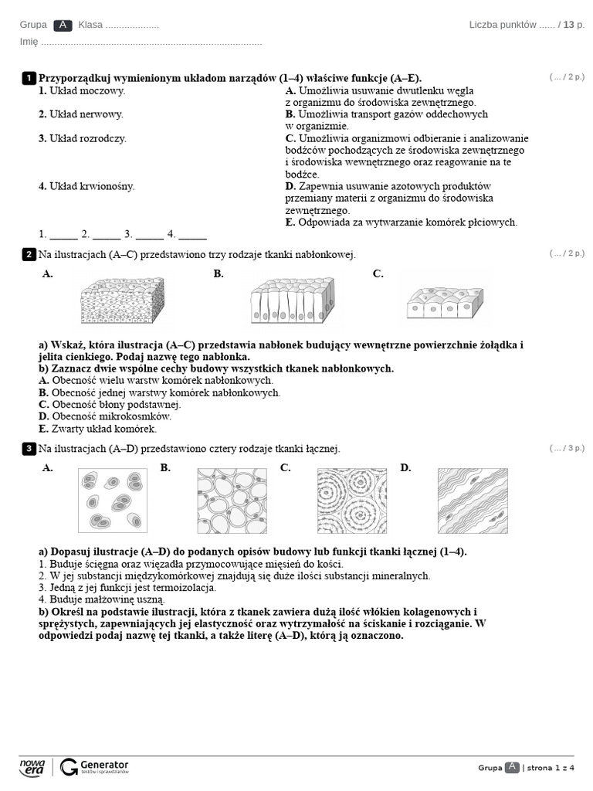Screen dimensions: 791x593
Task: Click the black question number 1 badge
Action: pos(29,78)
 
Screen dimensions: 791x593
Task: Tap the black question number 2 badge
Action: pos(29,254)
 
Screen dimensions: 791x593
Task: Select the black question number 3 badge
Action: pos(29,448)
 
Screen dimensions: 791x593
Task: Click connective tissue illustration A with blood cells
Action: pos(114,501)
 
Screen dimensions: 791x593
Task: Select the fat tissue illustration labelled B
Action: pos(232,501)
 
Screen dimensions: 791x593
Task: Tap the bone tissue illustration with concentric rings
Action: pos(351,501)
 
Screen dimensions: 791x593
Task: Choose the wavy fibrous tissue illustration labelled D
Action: pos(473,501)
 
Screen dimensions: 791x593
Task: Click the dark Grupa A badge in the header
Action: pos(63,25)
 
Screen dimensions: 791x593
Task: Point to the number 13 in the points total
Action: pos(569,25)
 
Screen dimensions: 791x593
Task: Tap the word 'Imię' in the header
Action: pos(29,42)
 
